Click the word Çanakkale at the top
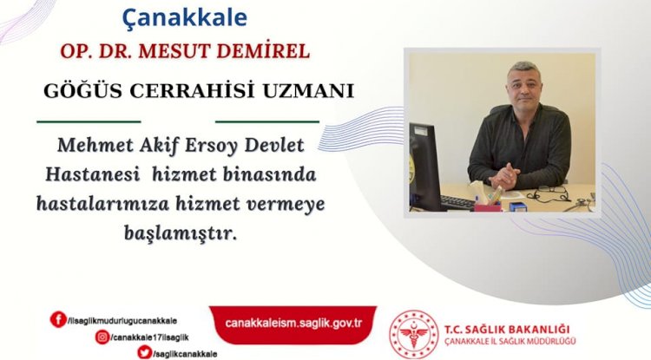click(185, 16)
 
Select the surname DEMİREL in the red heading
click(269, 51)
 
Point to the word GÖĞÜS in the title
click(76, 90)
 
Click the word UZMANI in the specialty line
click(312, 90)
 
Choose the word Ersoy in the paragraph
click(220, 143)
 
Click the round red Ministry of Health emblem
click(413, 333)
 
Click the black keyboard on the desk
click(457, 201)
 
